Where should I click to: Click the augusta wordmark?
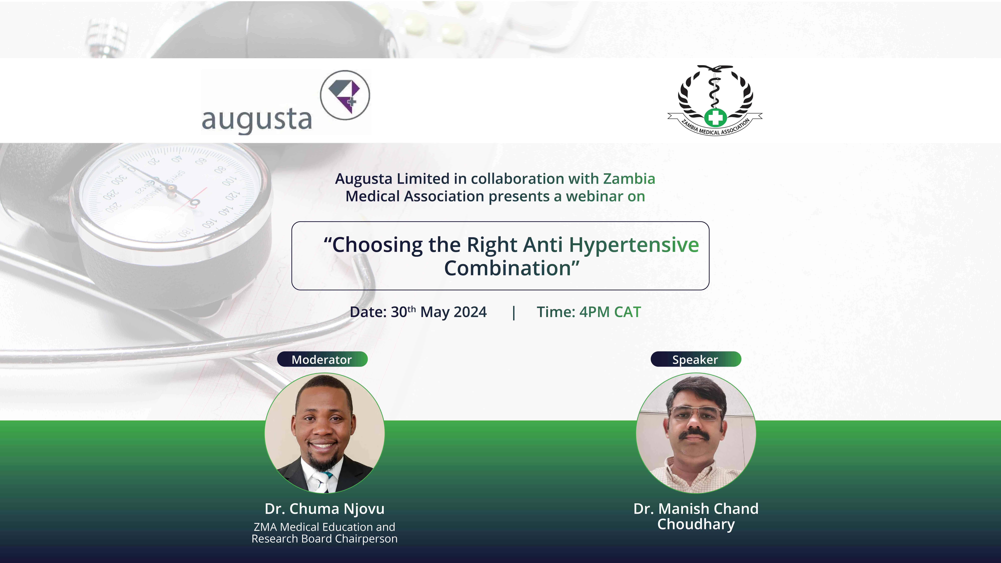tap(257, 120)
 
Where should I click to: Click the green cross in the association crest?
tap(715, 117)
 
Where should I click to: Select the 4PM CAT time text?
tap(610, 312)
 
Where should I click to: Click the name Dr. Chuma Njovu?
tap(324, 509)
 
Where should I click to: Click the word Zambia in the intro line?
tap(629, 179)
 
